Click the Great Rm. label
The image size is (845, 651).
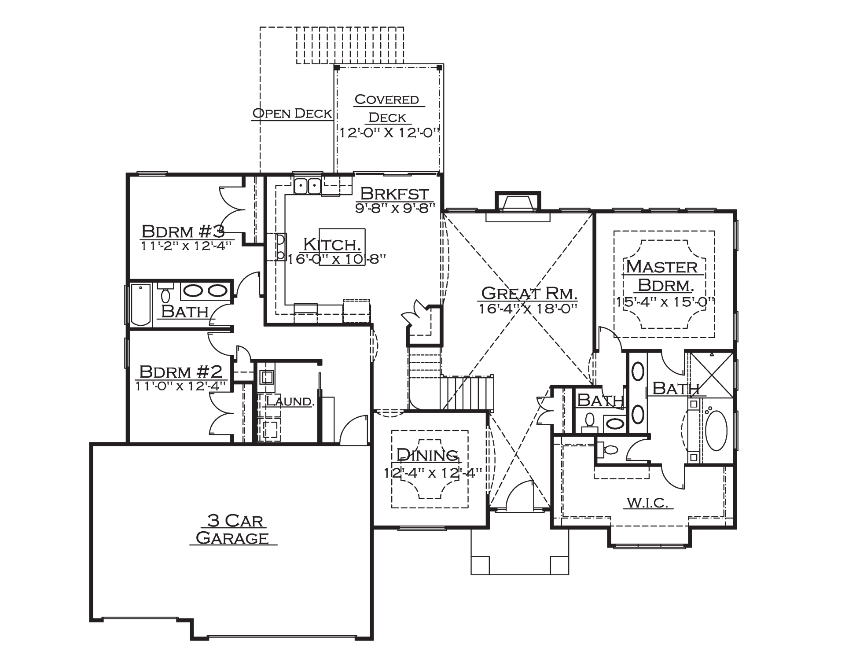click(x=529, y=294)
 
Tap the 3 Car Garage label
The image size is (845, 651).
click(x=233, y=530)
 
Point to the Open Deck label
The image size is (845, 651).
click(x=292, y=113)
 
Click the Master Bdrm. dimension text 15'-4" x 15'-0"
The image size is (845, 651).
click(x=665, y=302)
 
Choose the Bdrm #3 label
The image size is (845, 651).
click(x=183, y=231)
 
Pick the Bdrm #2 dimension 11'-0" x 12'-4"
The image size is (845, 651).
click(x=181, y=386)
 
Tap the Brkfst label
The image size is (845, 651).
click(x=394, y=193)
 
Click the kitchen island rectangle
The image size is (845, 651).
click(x=342, y=247)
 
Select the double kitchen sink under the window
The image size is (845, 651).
click(x=307, y=186)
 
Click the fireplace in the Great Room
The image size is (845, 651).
click(x=518, y=206)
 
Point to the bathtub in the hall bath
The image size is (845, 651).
click(x=141, y=305)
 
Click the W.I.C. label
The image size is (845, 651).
click(x=648, y=502)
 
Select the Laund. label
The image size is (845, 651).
click(x=290, y=401)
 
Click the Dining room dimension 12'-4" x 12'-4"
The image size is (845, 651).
click(x=433, y=473)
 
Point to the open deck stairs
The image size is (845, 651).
click(x=349, y=45)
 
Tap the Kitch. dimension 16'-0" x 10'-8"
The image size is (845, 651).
click(x=337, y=258)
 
